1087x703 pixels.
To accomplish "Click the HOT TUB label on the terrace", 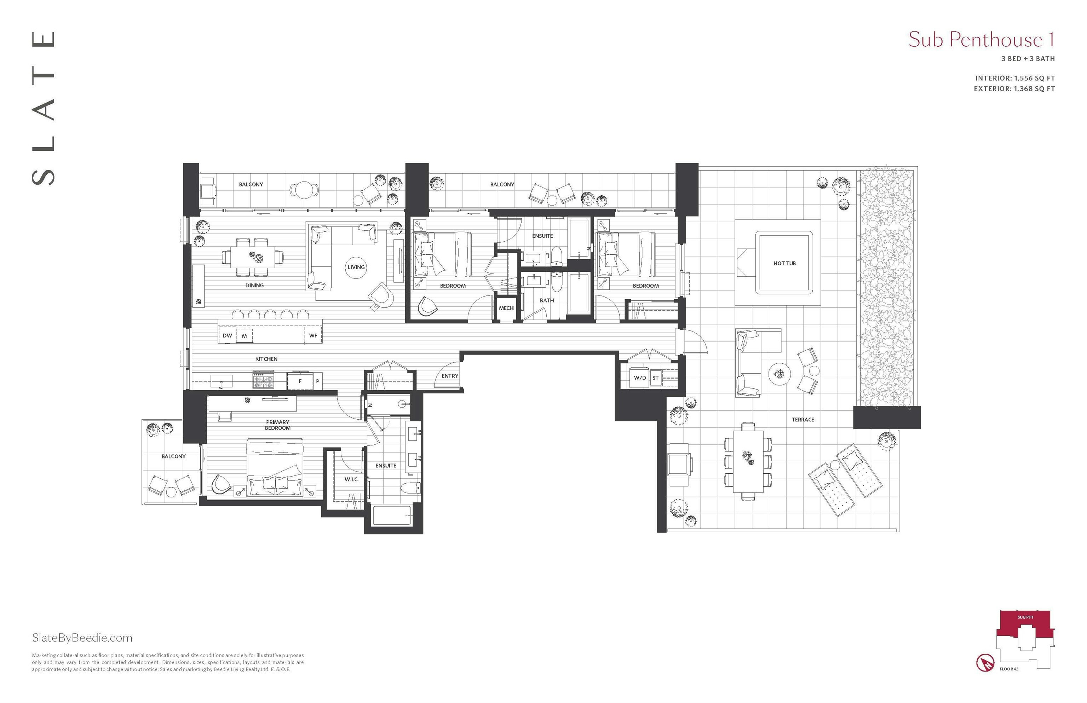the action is (x=784, y=263).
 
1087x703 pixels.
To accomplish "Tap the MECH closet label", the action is (x=506, y=308).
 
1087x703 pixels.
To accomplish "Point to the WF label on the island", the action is (x=313, y=335).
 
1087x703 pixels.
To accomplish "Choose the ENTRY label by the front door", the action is (x=450, y=376).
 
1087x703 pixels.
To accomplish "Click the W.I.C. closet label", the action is (x=351, y=479).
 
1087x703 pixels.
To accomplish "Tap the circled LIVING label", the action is (x=356, y=267).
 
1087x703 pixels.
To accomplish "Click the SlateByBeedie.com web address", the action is (x=82, y=638).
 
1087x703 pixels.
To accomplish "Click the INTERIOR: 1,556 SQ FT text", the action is (x=1015, y=78).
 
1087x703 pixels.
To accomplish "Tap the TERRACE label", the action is (x=803, y=420).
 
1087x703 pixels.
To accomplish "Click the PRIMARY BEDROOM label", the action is (x=277, y=425).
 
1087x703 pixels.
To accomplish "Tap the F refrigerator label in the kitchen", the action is (x=300, y=381).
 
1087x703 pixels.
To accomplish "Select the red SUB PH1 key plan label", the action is (x=1025, y=617).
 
